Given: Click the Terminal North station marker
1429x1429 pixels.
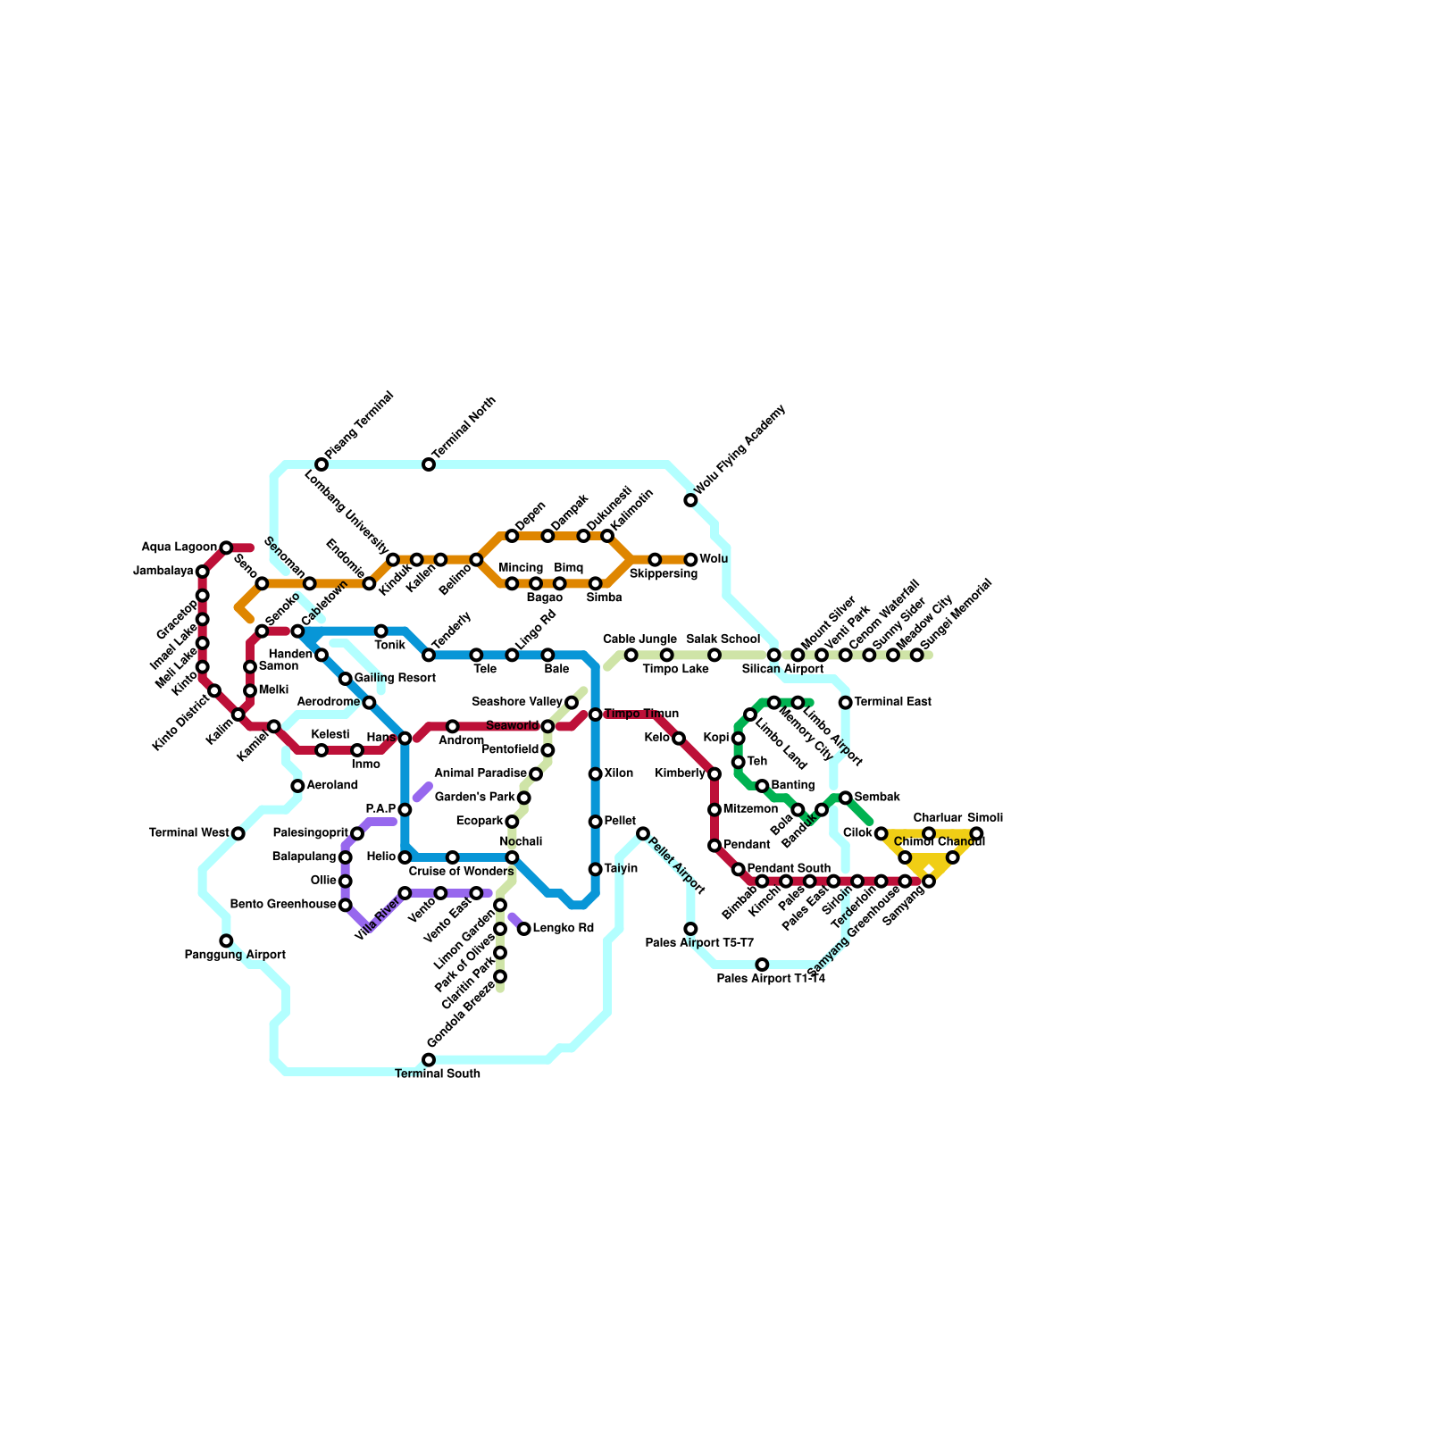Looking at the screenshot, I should pyautogui.click(x=429, y=464).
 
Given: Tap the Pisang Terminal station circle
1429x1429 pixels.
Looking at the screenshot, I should pyautogui.click(x=322, y=464).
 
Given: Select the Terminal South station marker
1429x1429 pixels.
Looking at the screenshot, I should pyautogui.click(x=429, y=1059).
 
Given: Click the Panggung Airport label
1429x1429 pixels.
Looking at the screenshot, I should pyautogui.click(x=235, y=956).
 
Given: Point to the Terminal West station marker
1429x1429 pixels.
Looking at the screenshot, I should pyautogui.click(x=238, y=833).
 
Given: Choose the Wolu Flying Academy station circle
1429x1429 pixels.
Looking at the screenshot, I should pyautogui.click(x=690, y=500).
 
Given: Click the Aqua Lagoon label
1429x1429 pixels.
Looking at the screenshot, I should pyautogui.click(x=179, y=547).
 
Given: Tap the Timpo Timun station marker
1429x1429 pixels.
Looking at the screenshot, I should pyautogui.click(x=596, y=714).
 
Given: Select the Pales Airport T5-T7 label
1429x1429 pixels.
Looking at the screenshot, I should pyautogui.click(x=699, y=943).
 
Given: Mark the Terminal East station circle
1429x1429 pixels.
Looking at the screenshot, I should pyautogui.click(x=846, y=703).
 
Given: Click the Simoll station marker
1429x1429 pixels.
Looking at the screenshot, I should pyautogui.click(x=976, y=833).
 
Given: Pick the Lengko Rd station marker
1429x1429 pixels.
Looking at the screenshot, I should pyautogui.click(x=524, y=929).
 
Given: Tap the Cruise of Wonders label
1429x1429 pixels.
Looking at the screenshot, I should pyautogui.click(x=461, y=872).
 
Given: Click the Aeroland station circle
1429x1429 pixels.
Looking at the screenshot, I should pyautogui.click(x=297, y=786).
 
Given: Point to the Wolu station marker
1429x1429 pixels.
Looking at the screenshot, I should pyautogui.click(x=690, y=559).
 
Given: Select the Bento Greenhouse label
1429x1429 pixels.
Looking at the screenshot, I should pyautogui.click(x=283, y=905).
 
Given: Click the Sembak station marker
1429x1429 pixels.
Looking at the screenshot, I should pyautogui.click(x=846, y=798).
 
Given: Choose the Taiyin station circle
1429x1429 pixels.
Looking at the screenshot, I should pyautogui.click(x=596, y=869).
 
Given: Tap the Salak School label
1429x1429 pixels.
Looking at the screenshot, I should pyautogui.click(x=723, y=639).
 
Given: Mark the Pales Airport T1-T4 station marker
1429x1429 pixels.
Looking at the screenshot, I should pyautogui.click(x=762, y=965).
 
